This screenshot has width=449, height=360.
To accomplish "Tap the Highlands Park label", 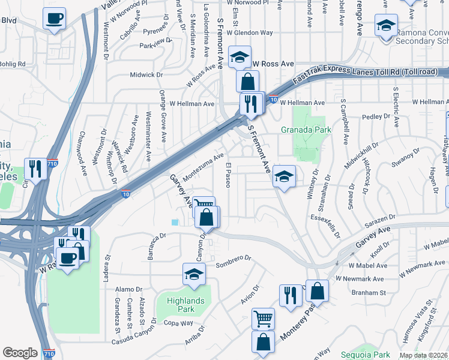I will coord(186,305).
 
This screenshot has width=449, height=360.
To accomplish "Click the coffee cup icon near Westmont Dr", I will coord(55,19).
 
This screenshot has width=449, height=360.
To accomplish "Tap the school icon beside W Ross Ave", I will coord(240,57).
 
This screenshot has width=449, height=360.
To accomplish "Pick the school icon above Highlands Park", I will coord(194,274).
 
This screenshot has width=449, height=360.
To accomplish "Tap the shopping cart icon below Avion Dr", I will coord(263,319).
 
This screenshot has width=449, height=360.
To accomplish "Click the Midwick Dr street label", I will coord(146,75).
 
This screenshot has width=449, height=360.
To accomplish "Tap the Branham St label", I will coord(368,293).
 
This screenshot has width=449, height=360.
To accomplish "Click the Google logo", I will coord(20,353).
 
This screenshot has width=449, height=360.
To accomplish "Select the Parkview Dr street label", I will coord(155,46).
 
